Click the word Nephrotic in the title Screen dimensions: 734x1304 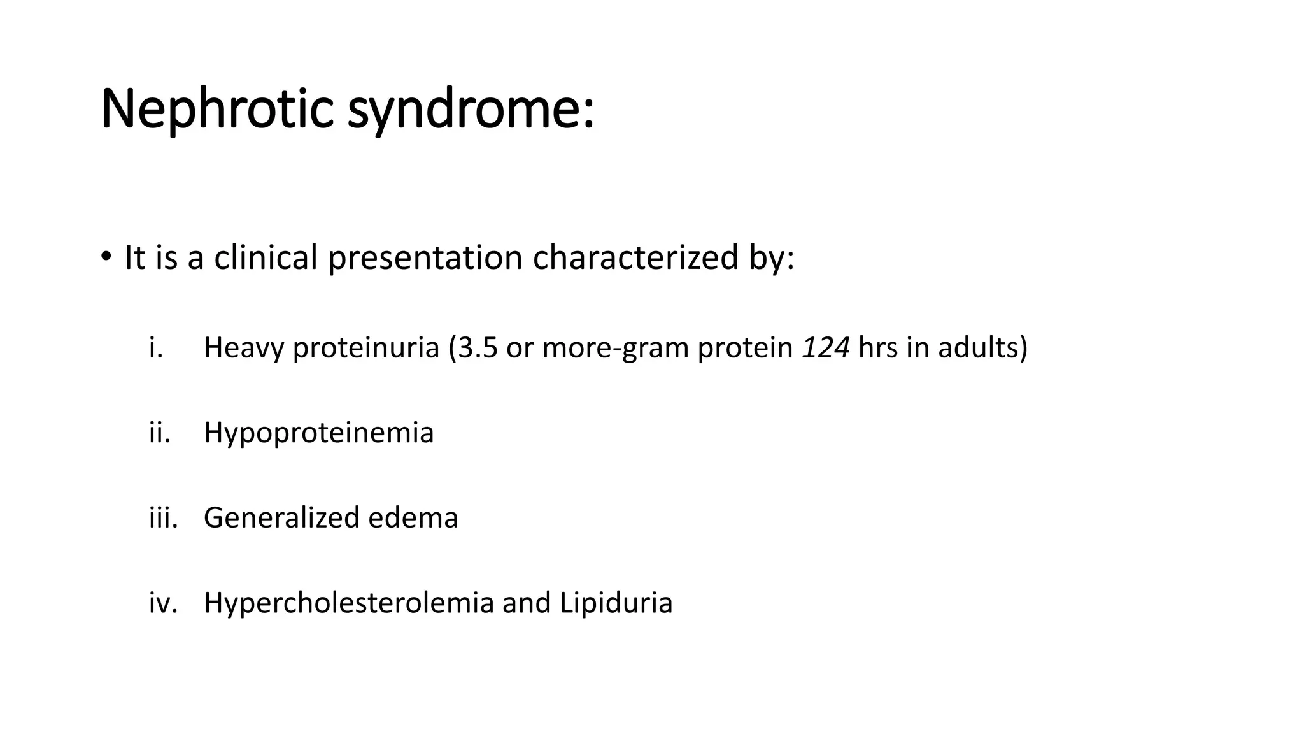[x=217, y=110]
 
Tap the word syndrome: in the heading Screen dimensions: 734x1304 [x=471, y=110]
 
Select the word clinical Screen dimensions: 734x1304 [x=266, y=257]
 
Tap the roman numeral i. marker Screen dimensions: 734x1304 [x=156, y=348]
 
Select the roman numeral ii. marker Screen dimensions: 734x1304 [x=160, y=433]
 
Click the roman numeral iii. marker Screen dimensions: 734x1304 [x=163, y=517]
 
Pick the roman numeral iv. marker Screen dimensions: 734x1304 [x=163, y=603]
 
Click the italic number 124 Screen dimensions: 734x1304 [x=825, y=348]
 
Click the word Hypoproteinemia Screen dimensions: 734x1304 [x=318, y=433]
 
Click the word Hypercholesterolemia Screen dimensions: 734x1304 [x=348, y=603]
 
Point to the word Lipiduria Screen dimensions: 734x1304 [x=616, y=603]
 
